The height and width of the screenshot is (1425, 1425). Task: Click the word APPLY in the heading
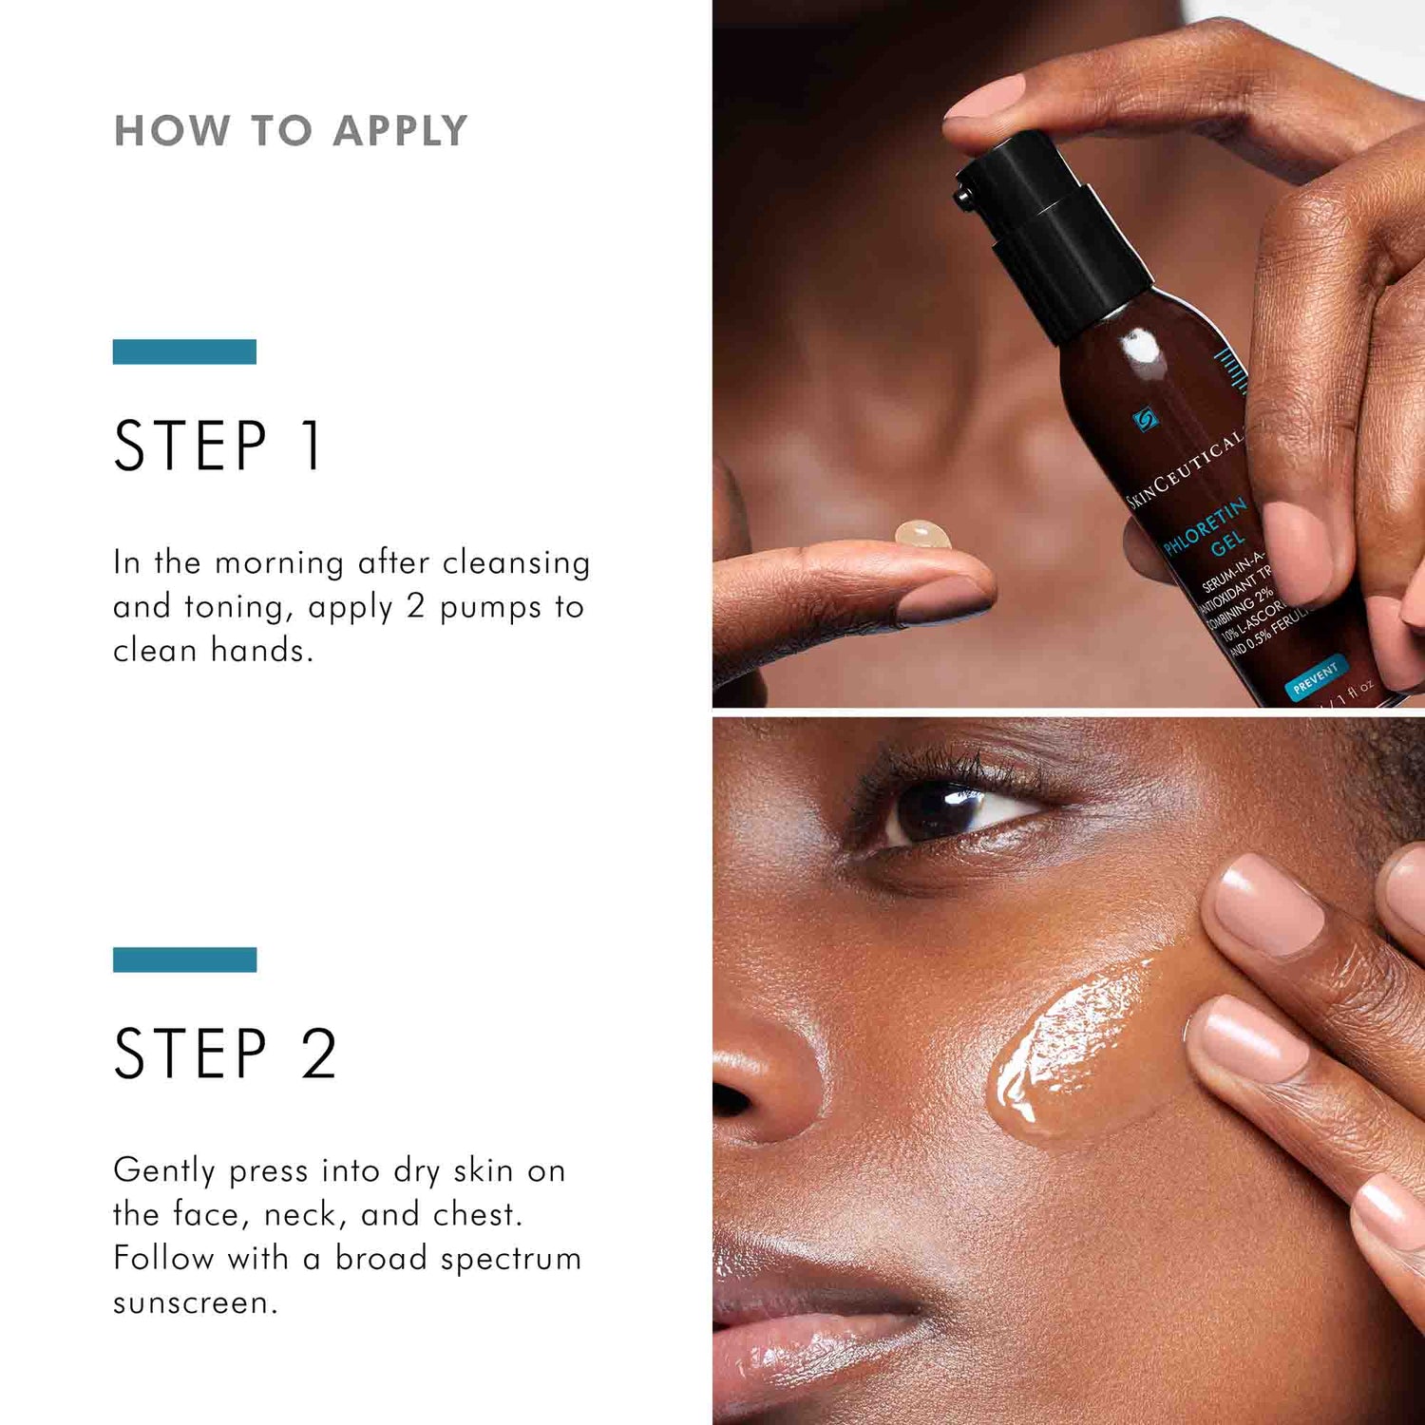[400, 131]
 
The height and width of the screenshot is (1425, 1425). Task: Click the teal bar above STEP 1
[184, 351]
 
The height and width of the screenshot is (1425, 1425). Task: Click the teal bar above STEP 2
[184, 959]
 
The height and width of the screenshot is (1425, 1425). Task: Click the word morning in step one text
[279, 562]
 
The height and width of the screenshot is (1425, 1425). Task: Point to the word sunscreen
[195, 1302]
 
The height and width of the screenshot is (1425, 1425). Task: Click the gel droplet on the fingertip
[922, 534]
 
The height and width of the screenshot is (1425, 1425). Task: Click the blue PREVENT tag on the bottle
[1316, 676]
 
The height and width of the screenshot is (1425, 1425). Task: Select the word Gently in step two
[163, 1171]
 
